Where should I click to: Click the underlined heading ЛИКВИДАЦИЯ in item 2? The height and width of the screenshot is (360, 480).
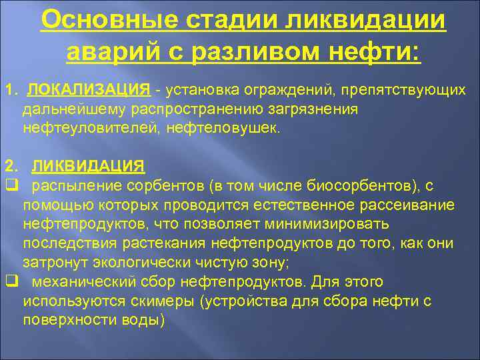tap(88, 165)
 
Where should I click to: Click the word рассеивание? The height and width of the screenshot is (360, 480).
tap(411, 203)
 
